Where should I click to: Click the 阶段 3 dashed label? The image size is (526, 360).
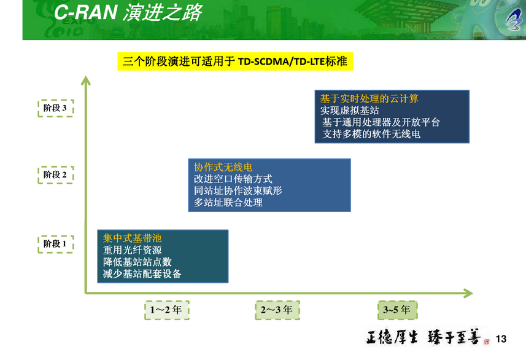pos(55,108)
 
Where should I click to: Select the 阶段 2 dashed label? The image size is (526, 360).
pos(55,174)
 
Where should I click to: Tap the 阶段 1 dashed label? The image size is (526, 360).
pos(55,244)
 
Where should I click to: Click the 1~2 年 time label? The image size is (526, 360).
pos(167,310)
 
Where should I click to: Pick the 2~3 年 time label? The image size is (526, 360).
pos(277,310)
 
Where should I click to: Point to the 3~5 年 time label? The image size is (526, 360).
pos(398,310)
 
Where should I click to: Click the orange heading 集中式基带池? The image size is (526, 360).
pos(132,238)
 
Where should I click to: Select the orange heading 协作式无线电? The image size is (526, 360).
pos(223,167)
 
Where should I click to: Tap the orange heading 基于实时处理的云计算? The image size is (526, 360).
pos(369,99)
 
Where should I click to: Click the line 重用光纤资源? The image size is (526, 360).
pos(132,250)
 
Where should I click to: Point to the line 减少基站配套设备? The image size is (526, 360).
pos(142,274)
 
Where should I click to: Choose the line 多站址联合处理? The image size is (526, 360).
pos(228,203)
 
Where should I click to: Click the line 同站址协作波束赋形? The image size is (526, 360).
pos(238,190)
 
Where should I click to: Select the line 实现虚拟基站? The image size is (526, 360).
pos(350,111)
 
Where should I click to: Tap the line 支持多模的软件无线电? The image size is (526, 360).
pos(371,134)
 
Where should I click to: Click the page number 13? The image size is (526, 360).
pos(501,339)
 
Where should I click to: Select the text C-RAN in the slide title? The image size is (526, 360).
pos(85,12)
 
